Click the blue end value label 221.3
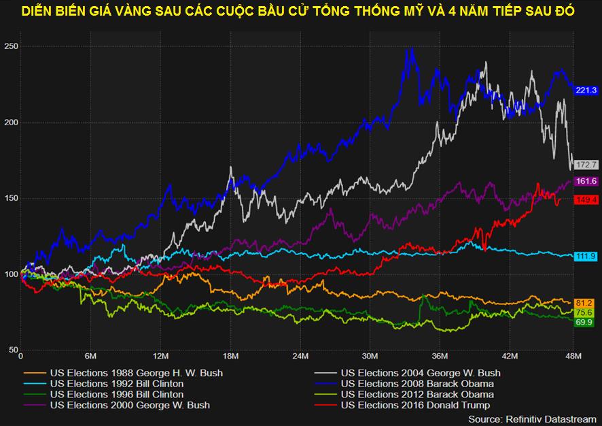(x=586, y=91)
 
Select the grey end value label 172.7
(x=586, y=165)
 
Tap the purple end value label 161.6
(x=586, y=181)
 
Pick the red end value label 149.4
(x=586, y=199)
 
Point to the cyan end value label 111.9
(x=586, y=256)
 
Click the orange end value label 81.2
(x=584, y=303)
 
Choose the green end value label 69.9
(x=584, y=321)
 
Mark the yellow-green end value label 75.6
(x=584, y=312)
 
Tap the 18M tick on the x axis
(x=231, y=356)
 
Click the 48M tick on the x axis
(x=573, y=356)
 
